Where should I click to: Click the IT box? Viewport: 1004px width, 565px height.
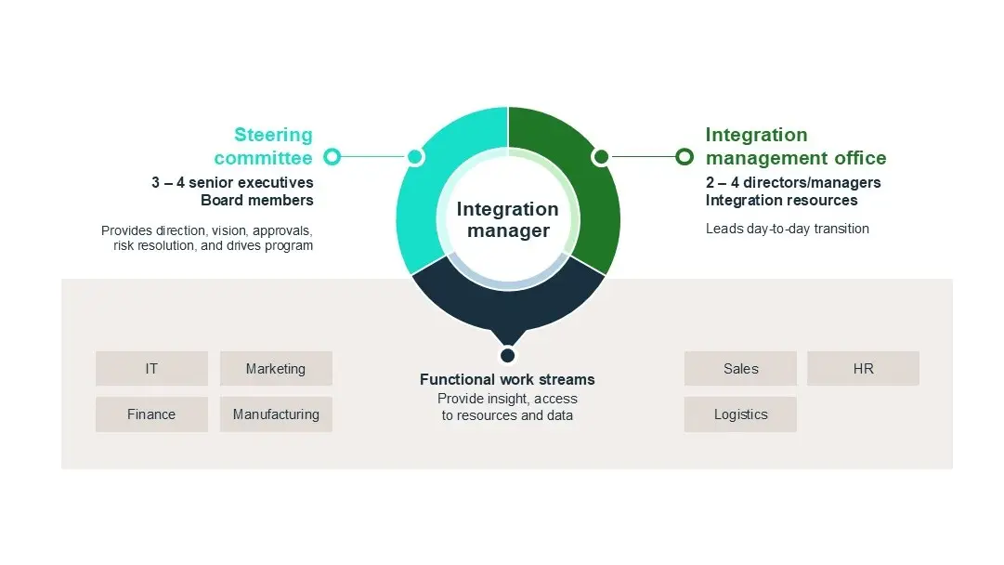pyautogui.click(x=151, y=369)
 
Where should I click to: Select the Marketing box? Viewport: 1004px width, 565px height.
pyautogui.click(x=276, y=369)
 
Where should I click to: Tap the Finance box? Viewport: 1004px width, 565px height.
pyautogui.click(x=151, y=414)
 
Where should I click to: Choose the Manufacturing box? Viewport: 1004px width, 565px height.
pyautogui.click(x=276, y=414)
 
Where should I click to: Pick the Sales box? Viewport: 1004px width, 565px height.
pyautogui.click(x=740, y=369)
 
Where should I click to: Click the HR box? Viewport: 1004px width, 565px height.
pyautogui.click(x=863, y=369)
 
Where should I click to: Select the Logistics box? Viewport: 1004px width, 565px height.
pyautogui.click(x=740, y=414)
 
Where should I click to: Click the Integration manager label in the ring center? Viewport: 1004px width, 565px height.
pyautogui.click(x=507, y=220)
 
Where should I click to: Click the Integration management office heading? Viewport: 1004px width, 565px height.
pyautogui.click(x=796, y=146)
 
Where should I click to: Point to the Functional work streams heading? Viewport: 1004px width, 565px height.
pyautogui.click(x=507, y=379)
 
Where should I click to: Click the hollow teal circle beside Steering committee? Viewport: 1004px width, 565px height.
pyautogui.click(x=332, y=157)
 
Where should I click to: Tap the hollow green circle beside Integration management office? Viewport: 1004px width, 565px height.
pyautogui.click(x=685, y=157)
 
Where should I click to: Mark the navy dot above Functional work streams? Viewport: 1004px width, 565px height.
pyautogui.click(x=507, y=355)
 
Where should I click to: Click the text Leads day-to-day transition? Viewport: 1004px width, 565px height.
pyautogui.click(x=788, y=229)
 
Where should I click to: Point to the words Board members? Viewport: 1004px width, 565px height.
pyautogui.click(x=257, y=200)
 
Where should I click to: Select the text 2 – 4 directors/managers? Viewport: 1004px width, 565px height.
pyautogui.click(x=793, y=182)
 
